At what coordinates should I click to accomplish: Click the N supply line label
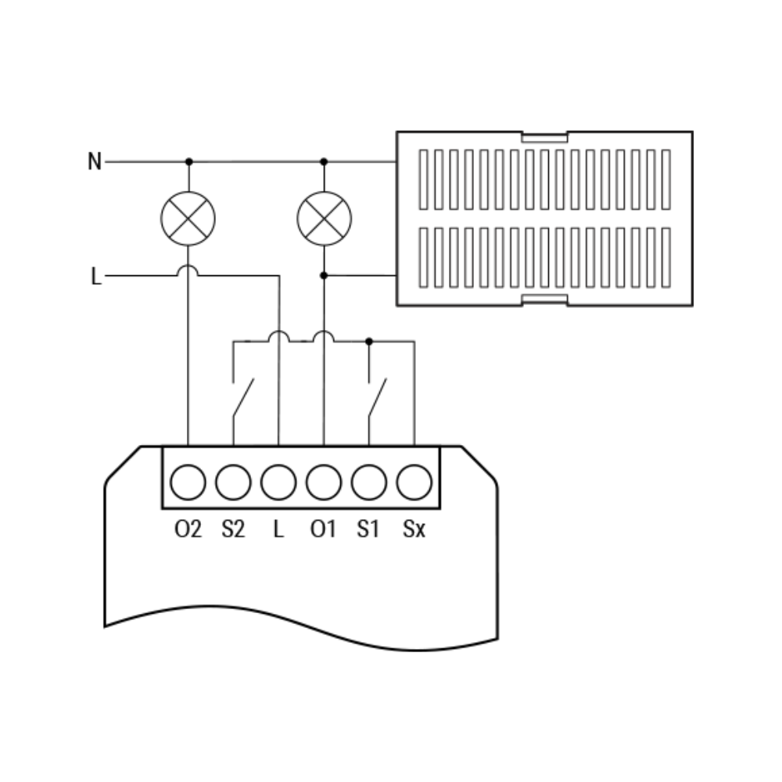[95, 161]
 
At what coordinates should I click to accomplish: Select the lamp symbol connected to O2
[188, 218]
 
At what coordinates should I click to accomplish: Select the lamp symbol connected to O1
[325, 218]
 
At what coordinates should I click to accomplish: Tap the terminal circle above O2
[188, 482]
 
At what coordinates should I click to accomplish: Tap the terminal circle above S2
[233, 482]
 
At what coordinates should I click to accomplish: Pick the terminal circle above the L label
[278, 482]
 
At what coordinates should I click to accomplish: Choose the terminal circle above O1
[324, 482]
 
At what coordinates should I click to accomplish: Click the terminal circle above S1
[369, 482]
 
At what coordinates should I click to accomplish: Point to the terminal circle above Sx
[414, 482]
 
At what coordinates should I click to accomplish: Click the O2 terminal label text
[188, 529]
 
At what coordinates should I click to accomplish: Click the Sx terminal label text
[414, 529]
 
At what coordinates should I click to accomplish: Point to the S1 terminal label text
[368, 529]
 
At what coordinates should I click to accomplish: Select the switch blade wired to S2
[243, 397]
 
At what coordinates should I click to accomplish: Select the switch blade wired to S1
[378, 397]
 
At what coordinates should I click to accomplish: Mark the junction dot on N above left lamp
[189, 162]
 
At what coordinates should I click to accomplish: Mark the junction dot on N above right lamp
[324, 162]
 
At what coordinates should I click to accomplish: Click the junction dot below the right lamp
[324, 275]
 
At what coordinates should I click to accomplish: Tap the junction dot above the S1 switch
[369, 342]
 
